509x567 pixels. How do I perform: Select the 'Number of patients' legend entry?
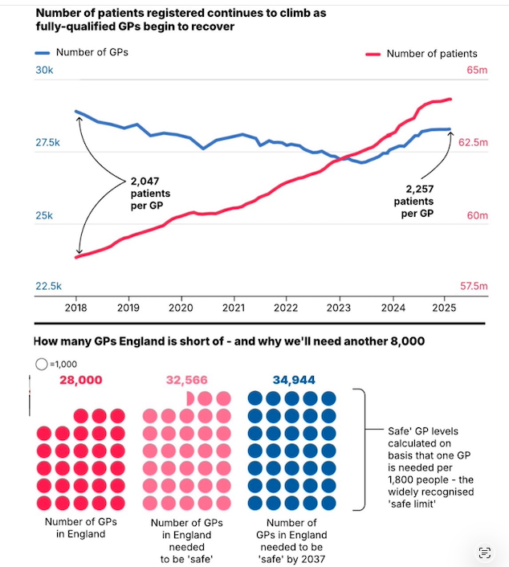(431, 54)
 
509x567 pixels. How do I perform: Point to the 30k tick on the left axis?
(43, 71)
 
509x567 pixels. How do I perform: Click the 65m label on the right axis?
(477, 71)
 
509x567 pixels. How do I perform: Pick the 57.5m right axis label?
(473, 286)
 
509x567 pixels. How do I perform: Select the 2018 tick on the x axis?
(75, 308)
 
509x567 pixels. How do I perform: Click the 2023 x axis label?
(339, 308)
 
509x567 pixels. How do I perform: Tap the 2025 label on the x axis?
(444, 308)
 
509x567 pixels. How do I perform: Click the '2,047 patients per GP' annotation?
(149, 194)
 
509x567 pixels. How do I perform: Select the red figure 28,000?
(81, 380)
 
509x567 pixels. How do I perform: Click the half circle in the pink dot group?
(189, 398)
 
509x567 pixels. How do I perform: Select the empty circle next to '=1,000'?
(42, 364)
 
